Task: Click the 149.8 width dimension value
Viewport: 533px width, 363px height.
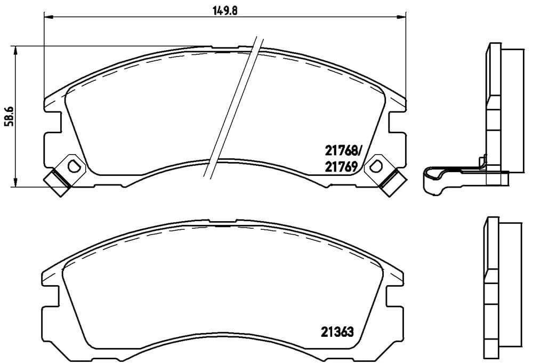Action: point(224,9)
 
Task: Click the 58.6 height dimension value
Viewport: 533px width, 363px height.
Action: point(9,116)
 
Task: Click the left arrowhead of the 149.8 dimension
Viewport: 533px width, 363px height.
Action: point(46,18)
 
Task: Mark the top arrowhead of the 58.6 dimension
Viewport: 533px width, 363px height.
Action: point(17,49)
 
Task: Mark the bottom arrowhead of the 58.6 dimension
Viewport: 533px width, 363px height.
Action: point(17,183)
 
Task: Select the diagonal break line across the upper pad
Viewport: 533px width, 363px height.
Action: point(233,107)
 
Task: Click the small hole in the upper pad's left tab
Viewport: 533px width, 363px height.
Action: point(74,166)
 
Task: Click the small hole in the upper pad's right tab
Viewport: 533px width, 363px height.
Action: point(376,165)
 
